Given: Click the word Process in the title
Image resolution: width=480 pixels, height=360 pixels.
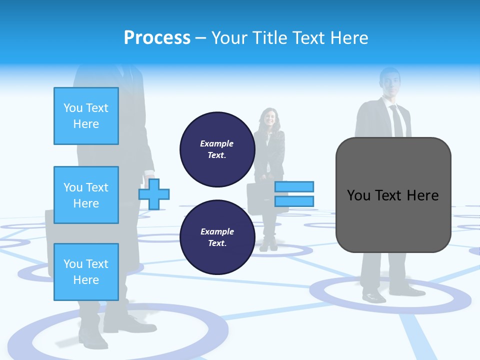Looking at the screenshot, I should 157,37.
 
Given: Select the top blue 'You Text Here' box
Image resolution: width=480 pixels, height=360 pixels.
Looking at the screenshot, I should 86,116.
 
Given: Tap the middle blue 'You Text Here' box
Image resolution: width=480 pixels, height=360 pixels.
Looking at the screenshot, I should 86,195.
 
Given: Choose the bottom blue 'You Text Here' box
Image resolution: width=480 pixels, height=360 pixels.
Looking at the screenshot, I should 86,272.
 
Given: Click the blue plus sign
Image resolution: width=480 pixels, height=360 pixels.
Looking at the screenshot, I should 154,194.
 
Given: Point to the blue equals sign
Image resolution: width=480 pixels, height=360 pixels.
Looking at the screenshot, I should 294,194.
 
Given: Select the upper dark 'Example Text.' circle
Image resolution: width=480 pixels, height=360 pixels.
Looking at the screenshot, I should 217,149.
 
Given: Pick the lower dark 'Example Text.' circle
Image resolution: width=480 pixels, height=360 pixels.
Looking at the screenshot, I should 217,237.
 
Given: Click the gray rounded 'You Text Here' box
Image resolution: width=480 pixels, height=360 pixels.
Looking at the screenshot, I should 393,195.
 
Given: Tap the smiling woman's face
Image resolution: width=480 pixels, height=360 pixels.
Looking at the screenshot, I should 269,118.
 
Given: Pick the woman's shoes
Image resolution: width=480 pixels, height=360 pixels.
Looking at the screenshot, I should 268,245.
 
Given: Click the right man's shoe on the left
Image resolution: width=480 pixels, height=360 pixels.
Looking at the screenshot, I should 374,296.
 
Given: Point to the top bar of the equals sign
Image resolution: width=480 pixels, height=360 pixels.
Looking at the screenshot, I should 294,187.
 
